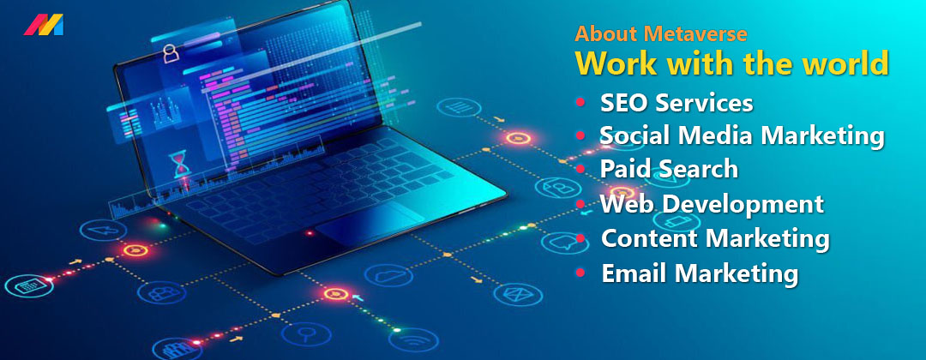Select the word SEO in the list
click(x=624, y=103)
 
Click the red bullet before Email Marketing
click(x=580, y=273)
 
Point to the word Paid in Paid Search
click(x=623, y=169)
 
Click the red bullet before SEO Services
click(x=580, y=103)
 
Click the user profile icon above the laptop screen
click(x=171, y=54)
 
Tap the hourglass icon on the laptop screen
click(x=180, y=165)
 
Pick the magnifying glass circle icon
click(x=305, y=333)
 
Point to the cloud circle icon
click(x=388, y=274)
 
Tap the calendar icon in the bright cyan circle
click(x=28, y=286)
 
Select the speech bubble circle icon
click(x=565, y=243)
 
